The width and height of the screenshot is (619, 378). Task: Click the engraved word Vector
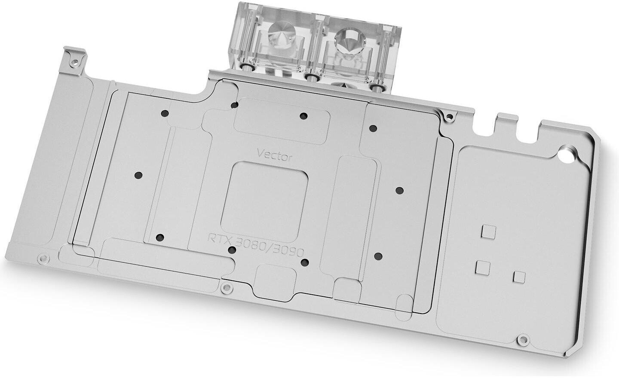pos(275,154)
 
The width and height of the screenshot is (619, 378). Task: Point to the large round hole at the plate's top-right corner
pos(569,155)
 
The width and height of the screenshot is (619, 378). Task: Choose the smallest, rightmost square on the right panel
pos(519,277)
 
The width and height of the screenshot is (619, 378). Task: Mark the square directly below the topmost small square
pos(483,268)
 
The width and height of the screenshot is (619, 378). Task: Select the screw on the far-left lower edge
pos(42,259)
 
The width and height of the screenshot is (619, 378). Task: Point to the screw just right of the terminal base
pos(449,115)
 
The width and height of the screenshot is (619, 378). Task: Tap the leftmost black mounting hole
pos(138,175)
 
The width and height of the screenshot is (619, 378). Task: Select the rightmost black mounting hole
pos(399,190)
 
